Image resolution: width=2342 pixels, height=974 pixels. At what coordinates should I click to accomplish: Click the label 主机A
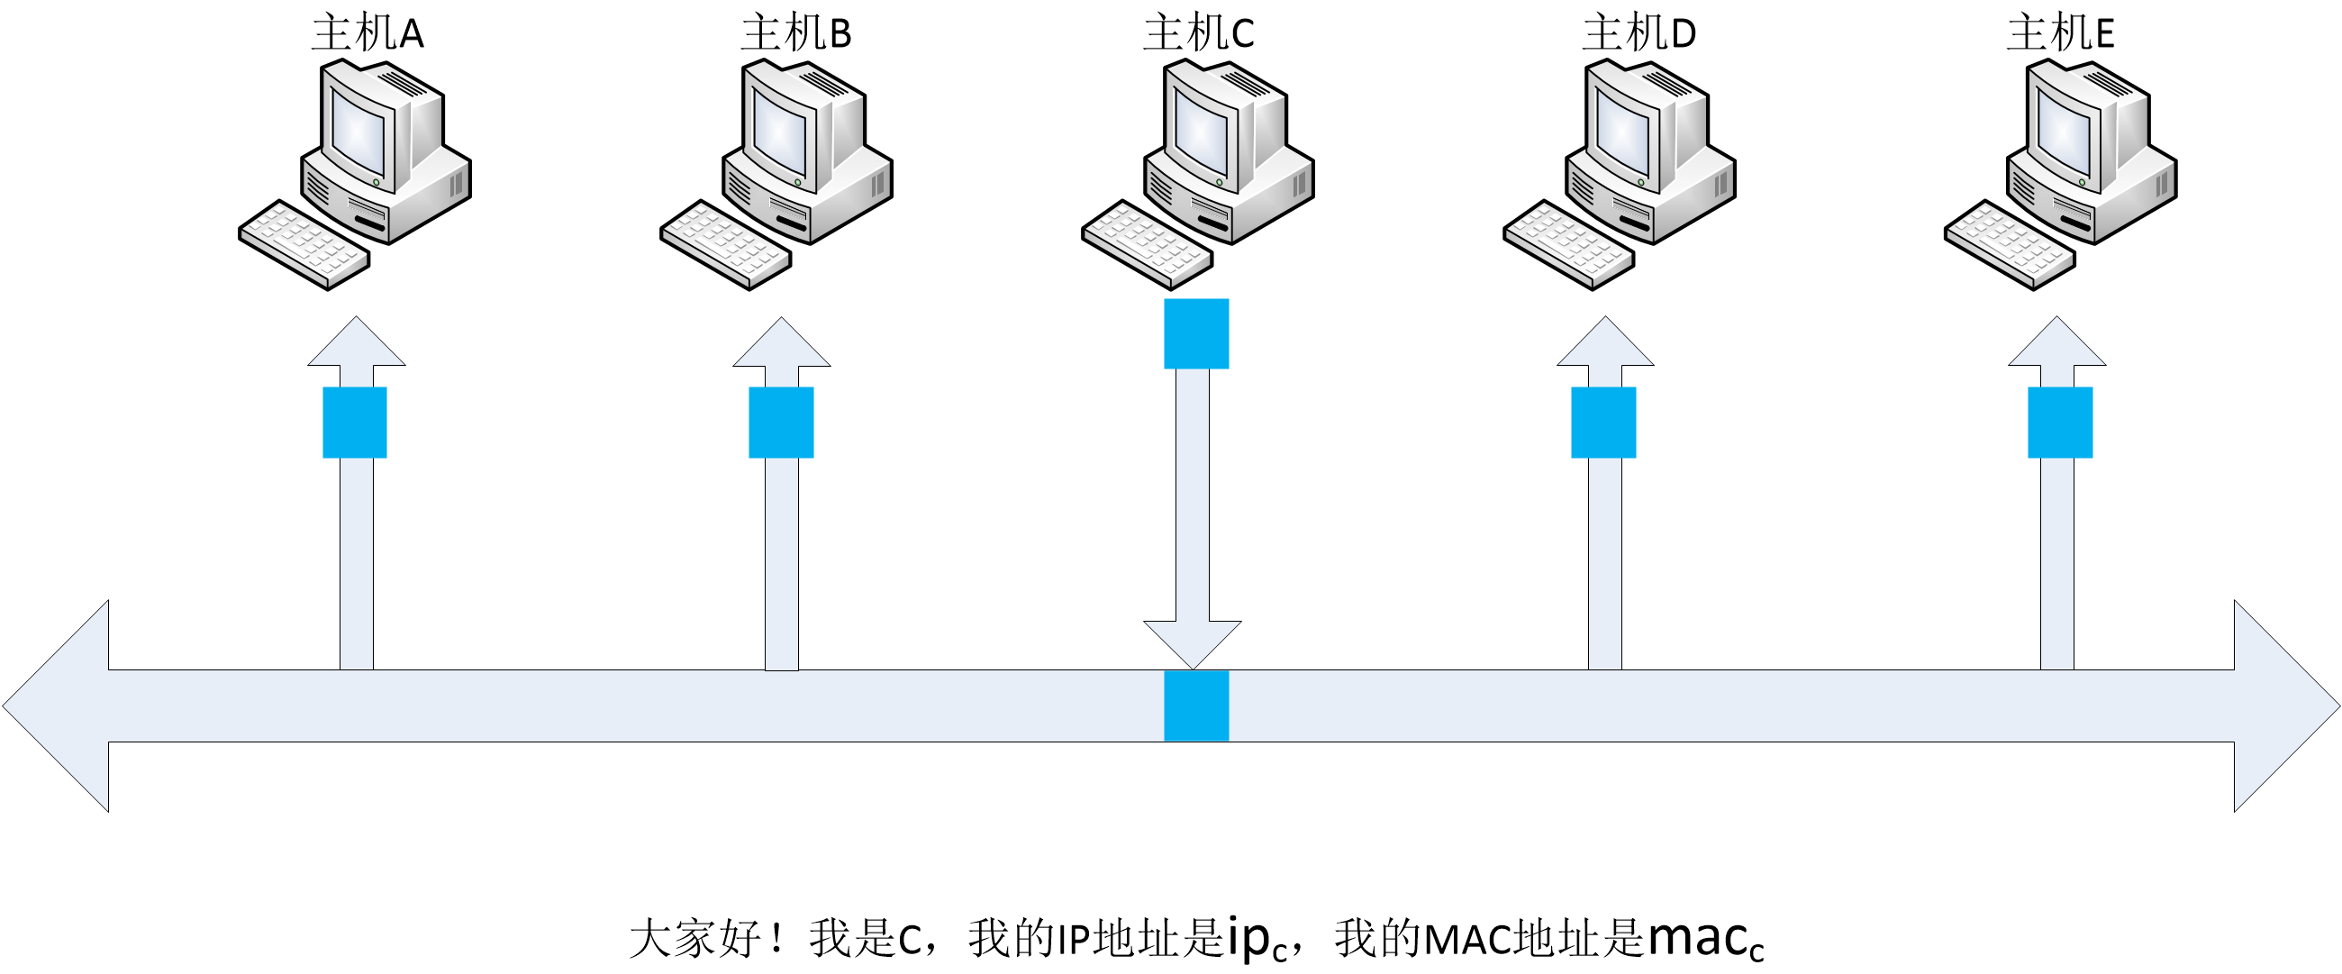pos(368,32)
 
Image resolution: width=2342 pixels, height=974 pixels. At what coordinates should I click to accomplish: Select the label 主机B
pos(795,32)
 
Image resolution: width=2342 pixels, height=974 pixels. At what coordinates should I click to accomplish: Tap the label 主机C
pos(1198,32)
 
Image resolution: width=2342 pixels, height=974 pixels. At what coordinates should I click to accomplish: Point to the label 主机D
pos(1638,32)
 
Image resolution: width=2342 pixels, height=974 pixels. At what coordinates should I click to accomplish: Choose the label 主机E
pos(2059,32)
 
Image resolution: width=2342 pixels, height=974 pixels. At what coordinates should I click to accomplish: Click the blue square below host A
pos(355,422)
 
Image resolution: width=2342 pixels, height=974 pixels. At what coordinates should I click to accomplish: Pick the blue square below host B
pos(781,422)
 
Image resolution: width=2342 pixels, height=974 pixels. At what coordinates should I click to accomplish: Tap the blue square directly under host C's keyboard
pos(1196,333)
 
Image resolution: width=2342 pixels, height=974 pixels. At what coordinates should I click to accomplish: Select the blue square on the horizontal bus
pos(1196,705)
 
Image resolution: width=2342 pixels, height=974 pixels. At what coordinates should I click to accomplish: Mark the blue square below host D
pos(1603,422)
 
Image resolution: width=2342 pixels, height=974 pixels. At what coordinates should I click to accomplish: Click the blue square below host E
pos(2060,422)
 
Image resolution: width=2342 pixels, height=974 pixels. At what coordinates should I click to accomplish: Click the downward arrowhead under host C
pos(1193,645)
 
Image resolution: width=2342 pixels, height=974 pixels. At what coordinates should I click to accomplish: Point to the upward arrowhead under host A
pos(357,341)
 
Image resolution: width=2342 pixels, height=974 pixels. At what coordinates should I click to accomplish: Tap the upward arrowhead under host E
pos(2056,341)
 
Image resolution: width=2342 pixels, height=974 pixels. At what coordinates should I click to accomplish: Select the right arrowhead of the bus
pos(2287,705)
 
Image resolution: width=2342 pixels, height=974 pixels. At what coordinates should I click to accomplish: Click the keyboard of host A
pos(304,245)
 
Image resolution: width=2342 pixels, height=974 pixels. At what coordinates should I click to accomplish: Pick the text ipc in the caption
pos(1257,939)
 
